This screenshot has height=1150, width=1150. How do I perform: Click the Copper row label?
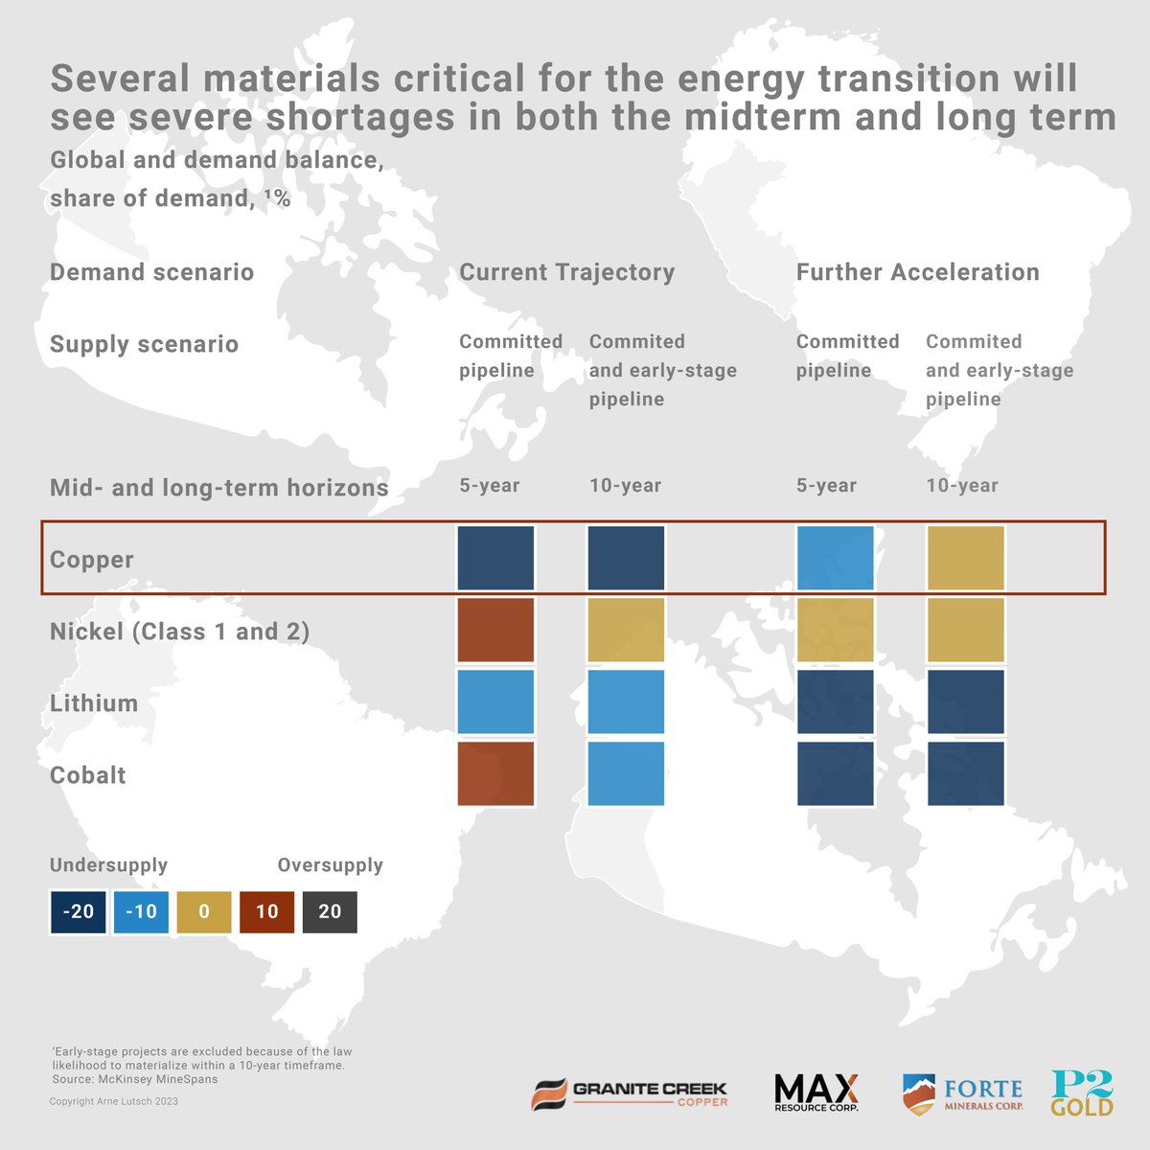(x=92, y=560)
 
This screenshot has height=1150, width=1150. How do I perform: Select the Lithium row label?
(x=94, y=703)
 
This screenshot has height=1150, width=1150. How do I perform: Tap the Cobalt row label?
(x=88, y=775)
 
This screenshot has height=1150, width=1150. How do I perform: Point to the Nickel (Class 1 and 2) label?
(x=179, y=632)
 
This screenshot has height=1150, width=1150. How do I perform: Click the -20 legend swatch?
(x=79, y=911)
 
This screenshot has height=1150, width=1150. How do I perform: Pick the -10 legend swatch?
(x=141, y=911)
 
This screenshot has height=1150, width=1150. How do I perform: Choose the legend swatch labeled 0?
(x=204, y=911)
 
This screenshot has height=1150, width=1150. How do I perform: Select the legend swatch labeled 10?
(x=266, y=911)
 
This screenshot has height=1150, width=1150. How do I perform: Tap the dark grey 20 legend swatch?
(x=330, y=911)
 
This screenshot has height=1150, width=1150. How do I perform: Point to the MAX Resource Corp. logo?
(x=816, y=1093)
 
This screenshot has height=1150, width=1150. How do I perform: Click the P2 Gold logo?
(x=1082, y=1093)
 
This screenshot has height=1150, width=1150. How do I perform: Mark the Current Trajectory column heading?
(x=567, y=272)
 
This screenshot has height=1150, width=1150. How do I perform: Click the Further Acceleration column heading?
(x=917, y=272)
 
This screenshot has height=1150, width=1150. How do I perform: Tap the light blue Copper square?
(x=835, y=558)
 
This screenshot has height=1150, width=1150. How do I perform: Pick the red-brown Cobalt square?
(x=495, y=773)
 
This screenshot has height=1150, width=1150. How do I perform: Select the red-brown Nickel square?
(x=495, y=630)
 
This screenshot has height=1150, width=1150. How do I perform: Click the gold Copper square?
(x=965, y=558)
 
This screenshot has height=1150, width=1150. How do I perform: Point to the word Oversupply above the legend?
(x=330, y=865)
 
